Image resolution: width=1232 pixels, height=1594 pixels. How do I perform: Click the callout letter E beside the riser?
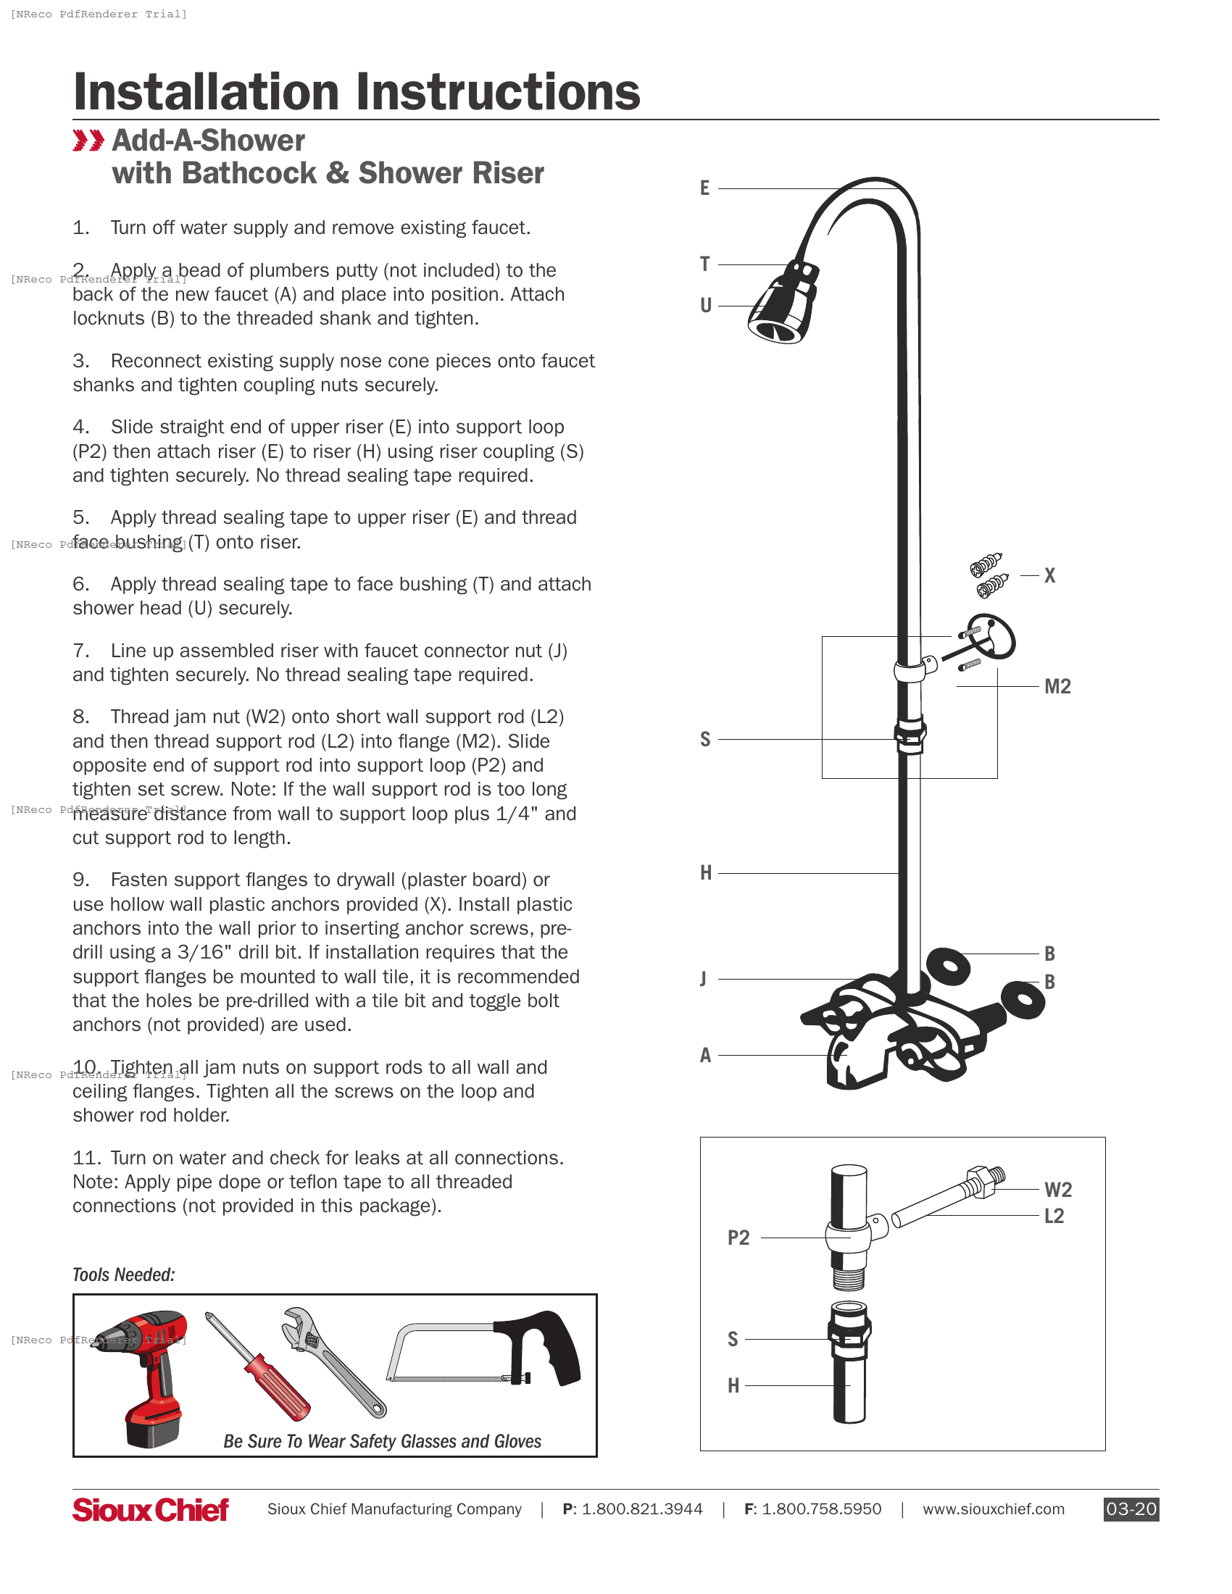click(x=704, y=188)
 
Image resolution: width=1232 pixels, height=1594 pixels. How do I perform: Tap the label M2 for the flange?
click(x=1057, y=687)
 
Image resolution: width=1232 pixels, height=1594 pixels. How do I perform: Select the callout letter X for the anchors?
click(x=1049, y=576)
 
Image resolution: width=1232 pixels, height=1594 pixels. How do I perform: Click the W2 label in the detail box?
click(x=1057, y=1190)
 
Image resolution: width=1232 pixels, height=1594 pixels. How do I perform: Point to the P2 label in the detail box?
click(x=738, y=1238)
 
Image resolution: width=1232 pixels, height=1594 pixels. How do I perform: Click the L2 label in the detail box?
click(x=1054, y=1217)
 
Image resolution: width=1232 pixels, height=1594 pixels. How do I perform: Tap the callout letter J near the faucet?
click(x=703, y=979)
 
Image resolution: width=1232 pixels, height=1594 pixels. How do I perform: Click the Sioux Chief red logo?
click(x=150, y=1510)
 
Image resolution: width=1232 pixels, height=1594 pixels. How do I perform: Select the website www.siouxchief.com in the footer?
click(x=993, y=1509)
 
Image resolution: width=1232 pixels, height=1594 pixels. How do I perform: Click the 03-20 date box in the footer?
click(x=1131, y=1509)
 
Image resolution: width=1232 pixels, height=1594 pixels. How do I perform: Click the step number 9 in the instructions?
click(x=80, y=880)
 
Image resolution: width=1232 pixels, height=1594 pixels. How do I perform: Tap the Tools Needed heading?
click(x=123, y=1275)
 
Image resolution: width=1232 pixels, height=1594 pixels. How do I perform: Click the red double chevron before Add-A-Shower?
click(x=88, y=141)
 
